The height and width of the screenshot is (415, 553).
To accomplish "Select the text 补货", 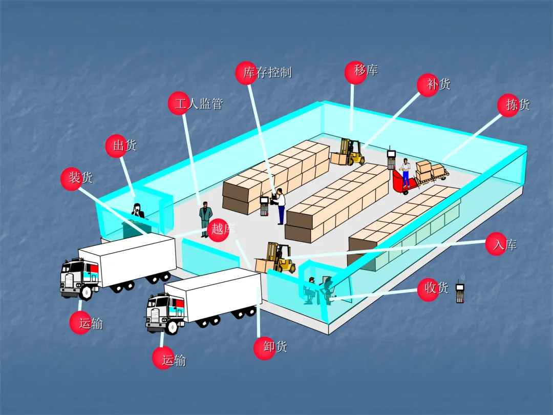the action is (x=439, y=84).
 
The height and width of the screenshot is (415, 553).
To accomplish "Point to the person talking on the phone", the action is (x=137, y=211).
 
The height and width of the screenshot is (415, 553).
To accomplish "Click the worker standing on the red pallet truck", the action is (x=406, y=171).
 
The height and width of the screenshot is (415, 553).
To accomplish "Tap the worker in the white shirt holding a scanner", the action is (x=280, y=206).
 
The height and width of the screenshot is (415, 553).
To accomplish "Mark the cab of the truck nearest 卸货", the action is (x=165, y=313).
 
